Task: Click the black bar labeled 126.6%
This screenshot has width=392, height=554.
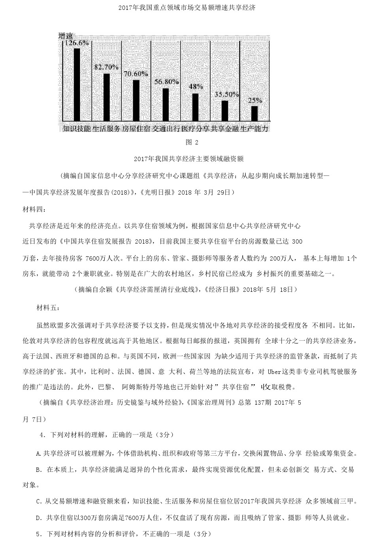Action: pyautogui.click(x=77, y=84)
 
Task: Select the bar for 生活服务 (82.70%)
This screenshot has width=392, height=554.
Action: pyautogui.click(x=106, y=97)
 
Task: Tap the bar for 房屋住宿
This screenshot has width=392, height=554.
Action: pyautogui.click(x=136, y=100)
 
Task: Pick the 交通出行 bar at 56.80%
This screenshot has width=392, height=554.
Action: pyautogui.click(x=166, y=104)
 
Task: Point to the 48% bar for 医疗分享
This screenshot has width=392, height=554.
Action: pyautogui.click(x=195, y=107)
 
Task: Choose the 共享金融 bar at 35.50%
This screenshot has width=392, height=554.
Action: pyautogui.click(x=225, y=111)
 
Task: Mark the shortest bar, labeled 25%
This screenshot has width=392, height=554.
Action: pyautogui.click(x=254, y=113)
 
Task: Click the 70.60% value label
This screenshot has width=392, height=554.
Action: pyautogui.click(x=136, y=74)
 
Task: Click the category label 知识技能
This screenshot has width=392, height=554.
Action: pyautogui.click(x=77, y=129)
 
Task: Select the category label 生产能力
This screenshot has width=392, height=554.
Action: pyautogui.click(x=255, y=129)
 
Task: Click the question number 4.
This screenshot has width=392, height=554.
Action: pyautogui.click(x=41, y=435)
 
